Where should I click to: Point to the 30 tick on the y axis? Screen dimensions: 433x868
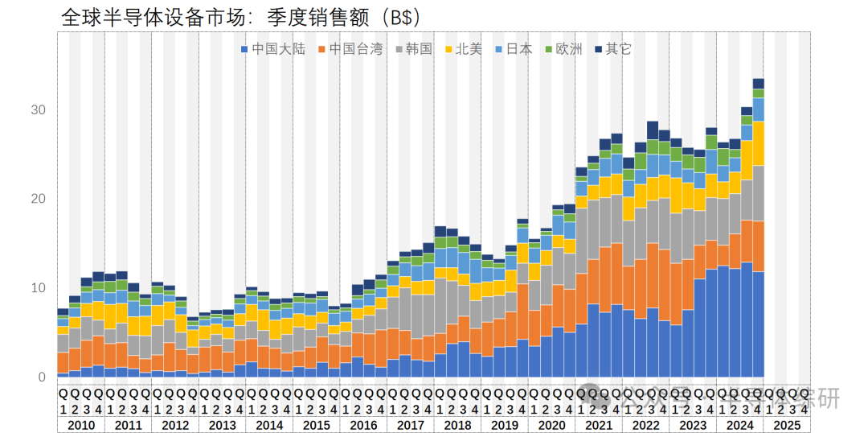point(39,109)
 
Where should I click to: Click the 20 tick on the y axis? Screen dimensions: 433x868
point(39,199)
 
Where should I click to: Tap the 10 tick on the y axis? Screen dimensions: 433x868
point(39,288)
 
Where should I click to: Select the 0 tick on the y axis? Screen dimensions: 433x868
point(42,377)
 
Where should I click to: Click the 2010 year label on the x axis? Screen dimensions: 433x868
point(81,425)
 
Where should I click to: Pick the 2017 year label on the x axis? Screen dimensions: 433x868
point(411,425)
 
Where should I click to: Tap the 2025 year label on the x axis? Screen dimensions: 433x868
point(788,425)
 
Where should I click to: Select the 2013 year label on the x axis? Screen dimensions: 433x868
point(223,425)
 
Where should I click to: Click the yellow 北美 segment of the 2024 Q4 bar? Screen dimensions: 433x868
point(758,143)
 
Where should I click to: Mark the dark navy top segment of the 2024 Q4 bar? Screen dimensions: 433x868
point(758,84)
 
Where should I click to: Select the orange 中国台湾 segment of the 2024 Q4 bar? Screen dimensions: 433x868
point(758,246)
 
